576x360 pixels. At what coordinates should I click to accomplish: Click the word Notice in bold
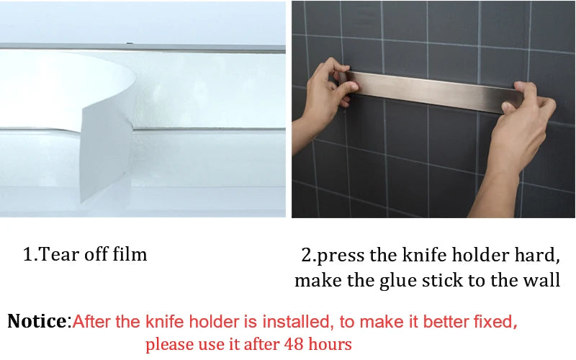pyautogui.click(x=36, y=321)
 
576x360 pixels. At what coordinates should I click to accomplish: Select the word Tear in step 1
pyautogui.click(x=57, y=254)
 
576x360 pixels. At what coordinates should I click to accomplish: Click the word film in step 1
pyautogui.click(x=130, y=254)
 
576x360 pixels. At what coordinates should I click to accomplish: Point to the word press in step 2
pyautogui.click(x=341, y=256)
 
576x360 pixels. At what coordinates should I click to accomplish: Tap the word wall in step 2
pyautogui.click(x=541, y=280)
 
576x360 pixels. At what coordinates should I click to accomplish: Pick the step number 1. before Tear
pyautogui.click(x=30, y=254)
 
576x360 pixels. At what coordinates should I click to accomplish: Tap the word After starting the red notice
pyautogui.click(x=91, y=321)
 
